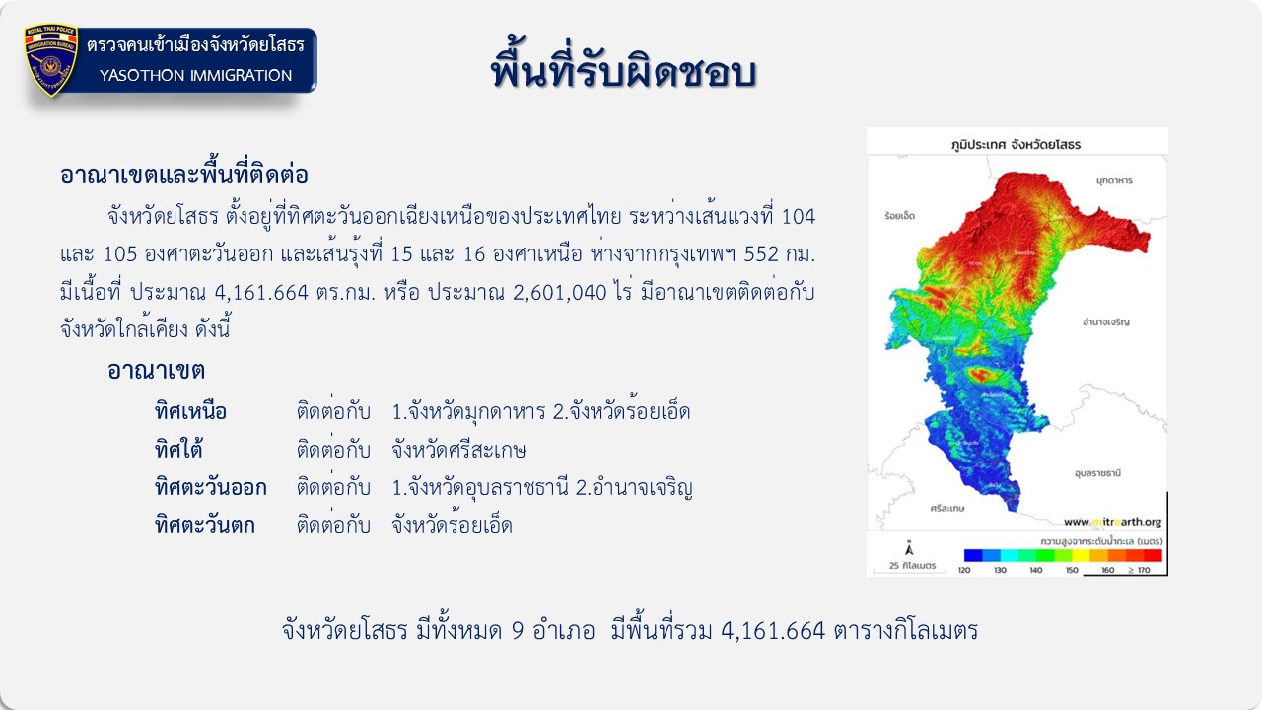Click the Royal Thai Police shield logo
tap(50, 60)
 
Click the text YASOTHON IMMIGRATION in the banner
tap(195, 76)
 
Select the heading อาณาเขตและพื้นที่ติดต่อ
tap(184, 174)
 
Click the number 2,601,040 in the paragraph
tap(559, 293)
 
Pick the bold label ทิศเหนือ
tap(190, 412)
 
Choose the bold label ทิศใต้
tap(178, 450)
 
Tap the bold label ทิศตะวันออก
tap(211, 487)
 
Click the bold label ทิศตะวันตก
tap(204, 526)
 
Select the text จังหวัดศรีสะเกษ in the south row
tap(458, 450)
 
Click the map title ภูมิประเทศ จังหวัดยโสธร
tap(1016, 144)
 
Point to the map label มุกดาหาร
tap(1114, 180)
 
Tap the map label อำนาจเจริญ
tap(1106, 322)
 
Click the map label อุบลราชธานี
tap(1097, 473)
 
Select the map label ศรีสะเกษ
tap(947, 508)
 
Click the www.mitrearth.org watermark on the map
tap(1113, 522)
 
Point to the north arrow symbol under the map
tap(909, 548)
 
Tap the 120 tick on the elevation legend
tap(964, 570)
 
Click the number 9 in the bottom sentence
tap(518, 631)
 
